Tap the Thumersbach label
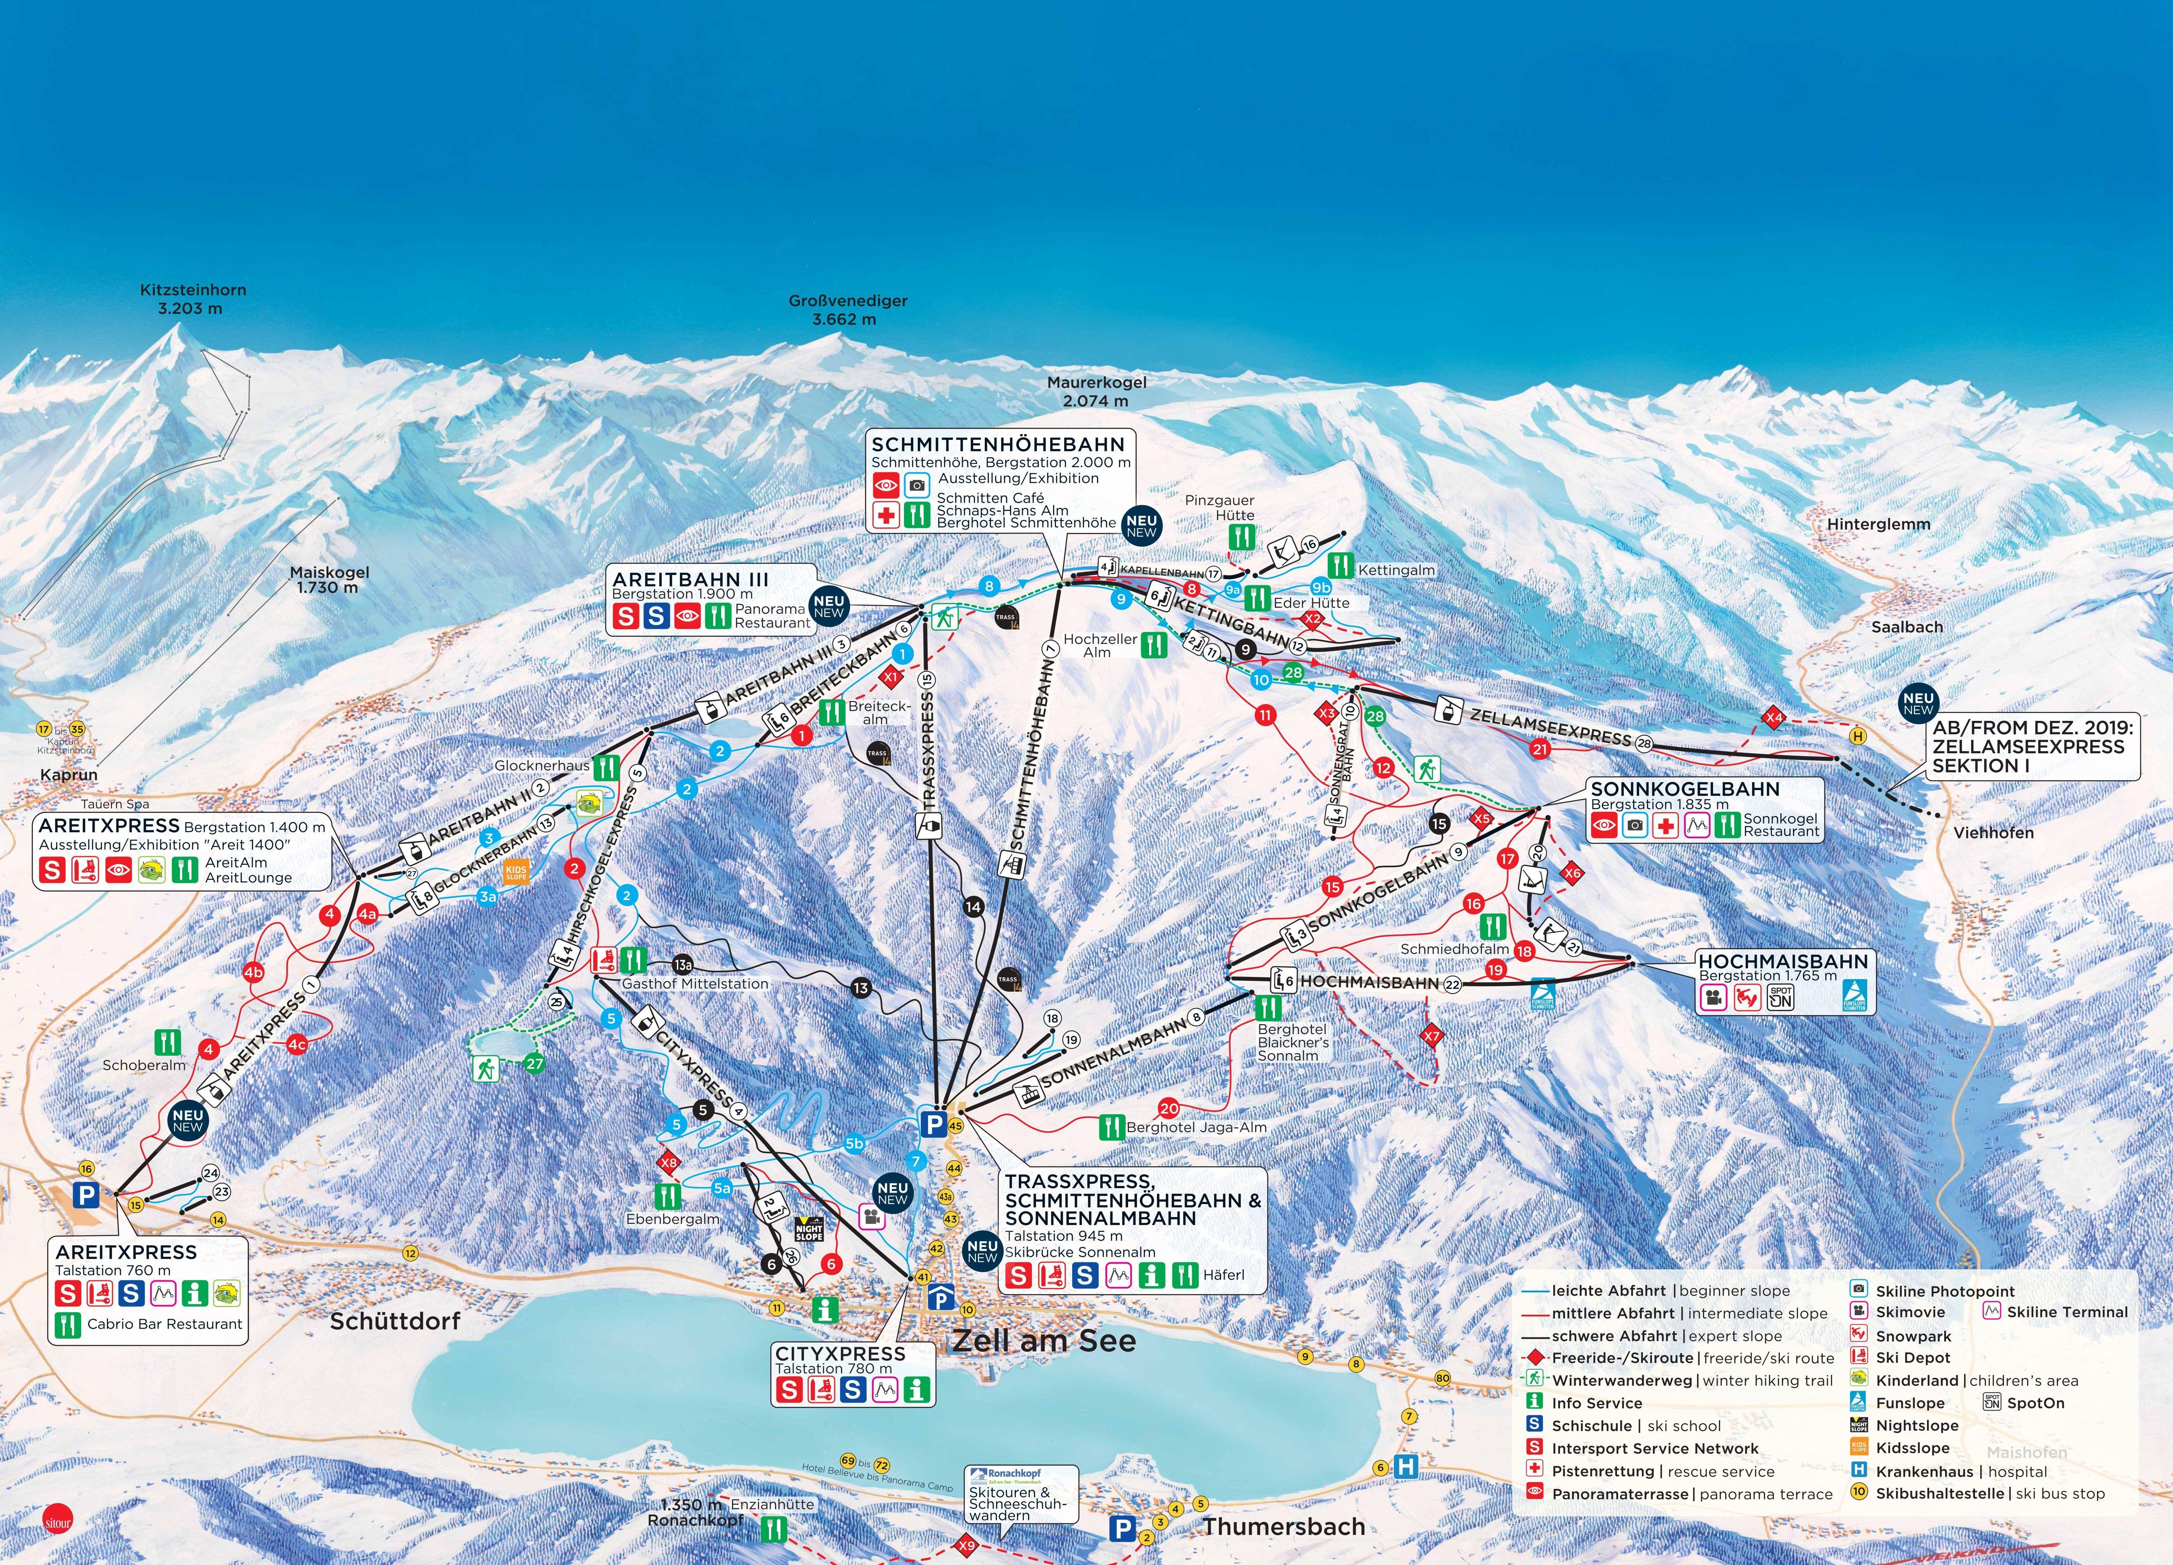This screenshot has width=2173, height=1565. coord(1284,1527)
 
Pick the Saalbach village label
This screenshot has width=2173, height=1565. coord(1907,627)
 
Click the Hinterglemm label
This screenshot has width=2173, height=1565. coord(1878,524)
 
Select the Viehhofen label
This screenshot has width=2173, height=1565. coord(1993,833)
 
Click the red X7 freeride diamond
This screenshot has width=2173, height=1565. coord(1431,1036)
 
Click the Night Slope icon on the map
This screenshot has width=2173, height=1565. coord(809,1229)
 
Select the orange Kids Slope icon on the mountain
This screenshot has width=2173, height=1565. coord(515,873)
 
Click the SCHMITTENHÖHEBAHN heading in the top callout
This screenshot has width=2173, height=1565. coord(997,445)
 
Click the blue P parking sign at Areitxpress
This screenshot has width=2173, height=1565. coord(86,1194)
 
